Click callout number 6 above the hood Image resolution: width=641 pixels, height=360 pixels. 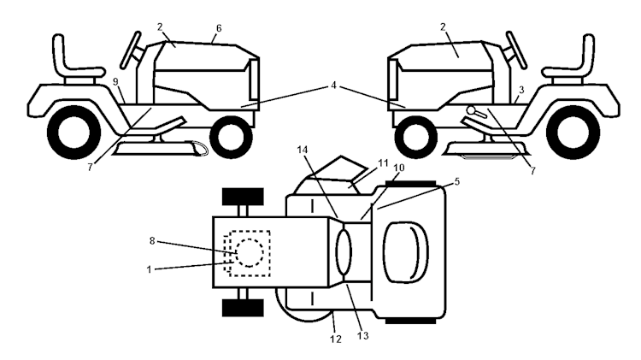coord(219,28)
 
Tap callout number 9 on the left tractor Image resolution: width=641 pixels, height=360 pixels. coord(115,82)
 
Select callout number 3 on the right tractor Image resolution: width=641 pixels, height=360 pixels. coord(521,90)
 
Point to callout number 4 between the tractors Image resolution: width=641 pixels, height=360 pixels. coord(333,86)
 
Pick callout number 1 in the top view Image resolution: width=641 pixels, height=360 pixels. coord(150,269)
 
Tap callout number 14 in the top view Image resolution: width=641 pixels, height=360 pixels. coord(302,150)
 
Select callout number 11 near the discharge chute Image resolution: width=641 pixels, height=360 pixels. coord(383,163)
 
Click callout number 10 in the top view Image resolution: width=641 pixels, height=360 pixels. coord(399,168)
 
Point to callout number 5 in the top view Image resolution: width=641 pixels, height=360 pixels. coord(456,181)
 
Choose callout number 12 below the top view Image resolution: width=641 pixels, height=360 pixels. coord(335,339)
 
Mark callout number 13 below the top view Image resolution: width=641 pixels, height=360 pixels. coord(363,336)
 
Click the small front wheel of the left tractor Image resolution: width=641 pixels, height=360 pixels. coord(231,137)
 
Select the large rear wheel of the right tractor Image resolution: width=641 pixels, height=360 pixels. coord(573,133)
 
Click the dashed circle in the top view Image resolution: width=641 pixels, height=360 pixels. coord(250,253)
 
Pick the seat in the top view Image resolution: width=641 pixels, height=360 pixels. coord(405,252)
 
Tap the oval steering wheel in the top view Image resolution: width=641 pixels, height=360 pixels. coord(344,252)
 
